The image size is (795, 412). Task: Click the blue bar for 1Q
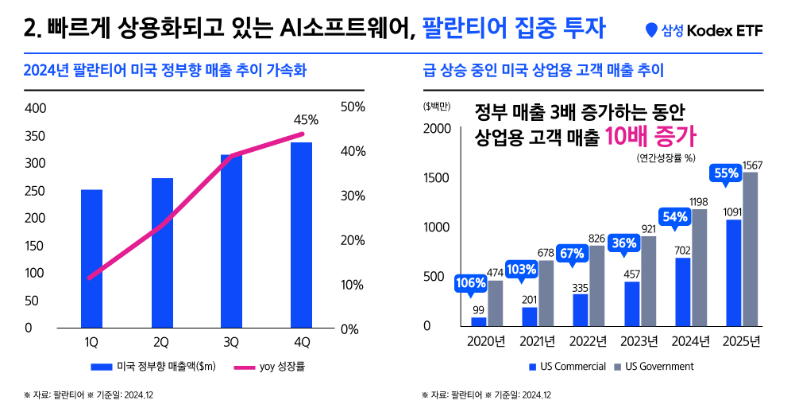pyautogui.click(x=91, y=258)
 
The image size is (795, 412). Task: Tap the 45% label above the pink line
pyautogui.click(x=306, y=120)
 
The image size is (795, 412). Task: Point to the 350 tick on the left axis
pyautogui.click(x=35, y=136)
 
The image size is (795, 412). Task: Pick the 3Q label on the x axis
pyautogui.click(x=231, y=343)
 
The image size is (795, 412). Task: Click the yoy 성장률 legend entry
pyautogui.click(x=270, y=367)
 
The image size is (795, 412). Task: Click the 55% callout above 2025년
pyautogui.click(x=727, y=173)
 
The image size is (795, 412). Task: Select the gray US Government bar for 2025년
pyautogui.click(x=751, y=249)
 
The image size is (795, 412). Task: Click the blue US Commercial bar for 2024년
pyautogui.click(x=682, y=292)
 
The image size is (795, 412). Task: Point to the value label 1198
pyautogui.click(x=699, y=202)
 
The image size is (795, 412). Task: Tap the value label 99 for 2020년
pyautogui.click(x=478, y=310)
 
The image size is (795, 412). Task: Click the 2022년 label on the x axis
pyautogui.click(x=589, y=342)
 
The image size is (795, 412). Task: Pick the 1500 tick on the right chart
pyautogui.click(x=438, y=178)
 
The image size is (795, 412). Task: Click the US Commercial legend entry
pyautogui.click(x=567, y=367)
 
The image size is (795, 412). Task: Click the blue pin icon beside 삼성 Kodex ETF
pyautogui.click(x=652, y=31)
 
